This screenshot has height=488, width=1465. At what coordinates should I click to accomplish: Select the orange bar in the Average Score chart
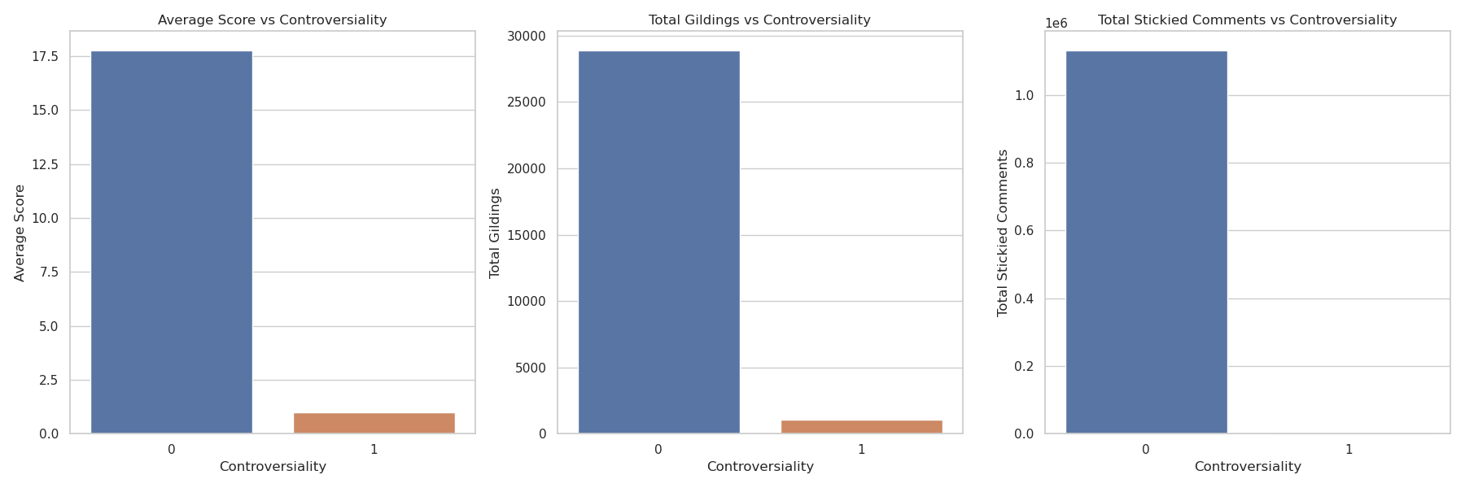point(374,423)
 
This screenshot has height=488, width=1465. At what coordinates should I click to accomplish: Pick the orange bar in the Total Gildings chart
point(861,427)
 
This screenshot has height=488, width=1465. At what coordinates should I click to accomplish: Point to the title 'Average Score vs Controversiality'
point(272,20)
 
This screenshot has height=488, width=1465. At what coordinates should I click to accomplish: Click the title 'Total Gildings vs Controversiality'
point(759,20)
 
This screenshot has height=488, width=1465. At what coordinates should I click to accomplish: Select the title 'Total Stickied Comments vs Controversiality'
point(1247,20)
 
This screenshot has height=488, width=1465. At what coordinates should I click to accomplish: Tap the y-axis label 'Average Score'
point(20,233)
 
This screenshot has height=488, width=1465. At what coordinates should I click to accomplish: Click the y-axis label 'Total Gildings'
point(494,233)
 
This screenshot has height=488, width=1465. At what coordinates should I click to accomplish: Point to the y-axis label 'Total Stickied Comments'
point(1002,233)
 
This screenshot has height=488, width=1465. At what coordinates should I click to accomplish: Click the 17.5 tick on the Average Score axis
point(45,56)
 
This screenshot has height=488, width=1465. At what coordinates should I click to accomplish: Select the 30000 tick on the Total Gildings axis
point(527,36)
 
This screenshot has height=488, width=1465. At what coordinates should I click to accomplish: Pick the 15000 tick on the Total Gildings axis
point(527,235)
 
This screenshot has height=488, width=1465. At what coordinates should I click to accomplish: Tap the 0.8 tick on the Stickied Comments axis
point(1023,163)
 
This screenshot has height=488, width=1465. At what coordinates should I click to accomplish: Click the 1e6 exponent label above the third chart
point(1056,24)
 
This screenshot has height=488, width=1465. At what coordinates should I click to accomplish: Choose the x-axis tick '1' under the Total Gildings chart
point(861,449)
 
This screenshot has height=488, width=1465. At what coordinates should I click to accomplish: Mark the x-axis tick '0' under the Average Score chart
point(171,449)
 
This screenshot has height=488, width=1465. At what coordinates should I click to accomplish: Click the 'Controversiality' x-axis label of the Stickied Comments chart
point(1247,467)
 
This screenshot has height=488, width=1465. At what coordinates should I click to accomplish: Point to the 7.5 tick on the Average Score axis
point(48,272)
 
